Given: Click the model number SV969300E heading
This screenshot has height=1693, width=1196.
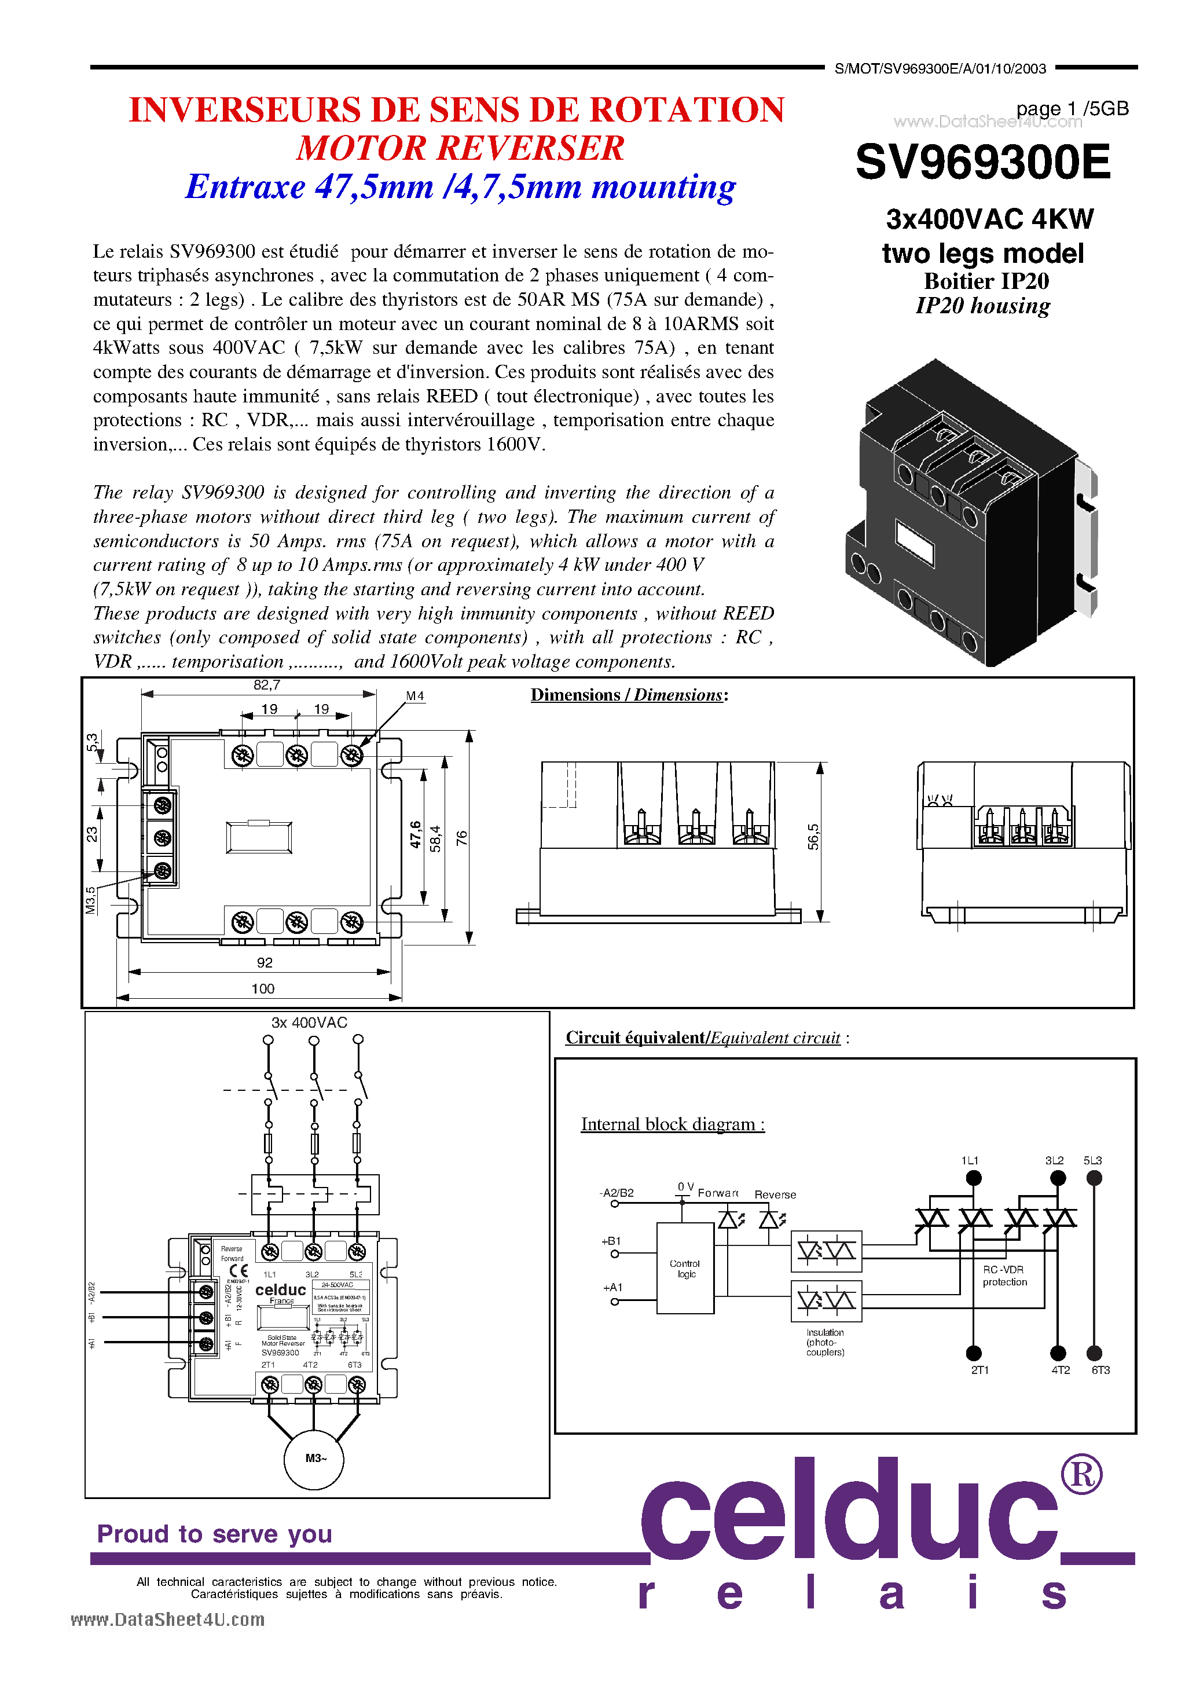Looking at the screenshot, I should (x=982, y=162).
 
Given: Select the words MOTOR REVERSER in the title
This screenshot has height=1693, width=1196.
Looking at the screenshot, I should (x=460, y=148).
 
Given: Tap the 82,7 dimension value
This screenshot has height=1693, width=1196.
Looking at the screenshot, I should (x=266, y=685).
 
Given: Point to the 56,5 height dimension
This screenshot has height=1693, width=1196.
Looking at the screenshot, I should (x=813, y=837).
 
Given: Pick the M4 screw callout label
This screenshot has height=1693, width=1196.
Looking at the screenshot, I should (x=415, y=696).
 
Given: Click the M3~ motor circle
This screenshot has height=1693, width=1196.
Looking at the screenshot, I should (x=315, y=1458).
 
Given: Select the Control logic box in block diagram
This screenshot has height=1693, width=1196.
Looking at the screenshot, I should (x=685, y=1268).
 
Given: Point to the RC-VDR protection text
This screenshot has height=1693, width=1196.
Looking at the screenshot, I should (x=1004, y=1276).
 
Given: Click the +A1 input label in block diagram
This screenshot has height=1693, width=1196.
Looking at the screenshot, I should (x=612, y=1288).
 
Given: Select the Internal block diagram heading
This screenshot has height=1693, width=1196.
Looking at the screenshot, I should (x=673, y=1124).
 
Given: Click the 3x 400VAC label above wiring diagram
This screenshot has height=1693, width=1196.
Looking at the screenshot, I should (x=309, y=1023).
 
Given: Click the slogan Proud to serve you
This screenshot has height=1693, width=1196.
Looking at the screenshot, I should (x=215, y=1534).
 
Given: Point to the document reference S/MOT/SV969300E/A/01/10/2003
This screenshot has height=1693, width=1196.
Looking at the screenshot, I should (x=940, y=68).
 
